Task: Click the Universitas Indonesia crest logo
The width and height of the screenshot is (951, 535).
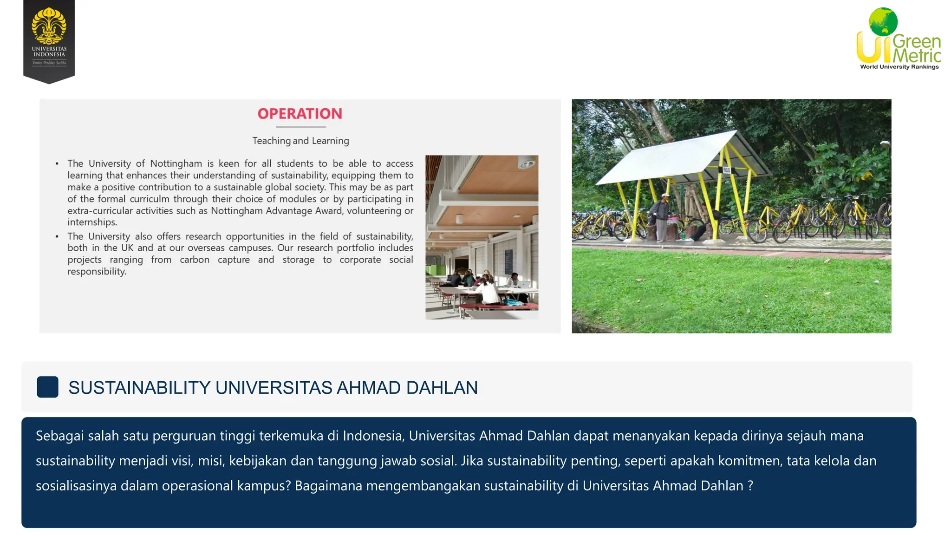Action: pyautogui.click(x=49, y=26)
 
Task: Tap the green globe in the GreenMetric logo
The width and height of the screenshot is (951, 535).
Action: pyautogui.click(x=883, y=21)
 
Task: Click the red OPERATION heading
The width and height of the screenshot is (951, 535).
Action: pyautogui.click(x=300, y=114)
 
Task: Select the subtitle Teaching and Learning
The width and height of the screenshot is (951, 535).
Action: pyautogui.click(x=300, y=141)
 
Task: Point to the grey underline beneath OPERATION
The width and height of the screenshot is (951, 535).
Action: pyautogui.click(x=300, y=127)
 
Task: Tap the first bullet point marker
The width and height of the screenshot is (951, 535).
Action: pyautogui.click(x=57, y=164)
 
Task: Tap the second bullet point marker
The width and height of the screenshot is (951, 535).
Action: pyautogui.click(x=57, y=236)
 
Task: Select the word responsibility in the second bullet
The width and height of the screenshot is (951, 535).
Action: pyautogui.click(x=97, y=272)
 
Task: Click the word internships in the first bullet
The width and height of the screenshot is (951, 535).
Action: pyautogui.click(x=91, y=222)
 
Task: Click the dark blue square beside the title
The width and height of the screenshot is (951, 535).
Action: pyautogui.click(x=47, y=387)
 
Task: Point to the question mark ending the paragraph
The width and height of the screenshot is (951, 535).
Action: pyautogui.click(x=750, y=486)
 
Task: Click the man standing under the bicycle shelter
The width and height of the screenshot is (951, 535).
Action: pyautogui.click(x=661, y=216)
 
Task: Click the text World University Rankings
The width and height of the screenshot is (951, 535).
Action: pyautogui.click(x=899, y=67)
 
